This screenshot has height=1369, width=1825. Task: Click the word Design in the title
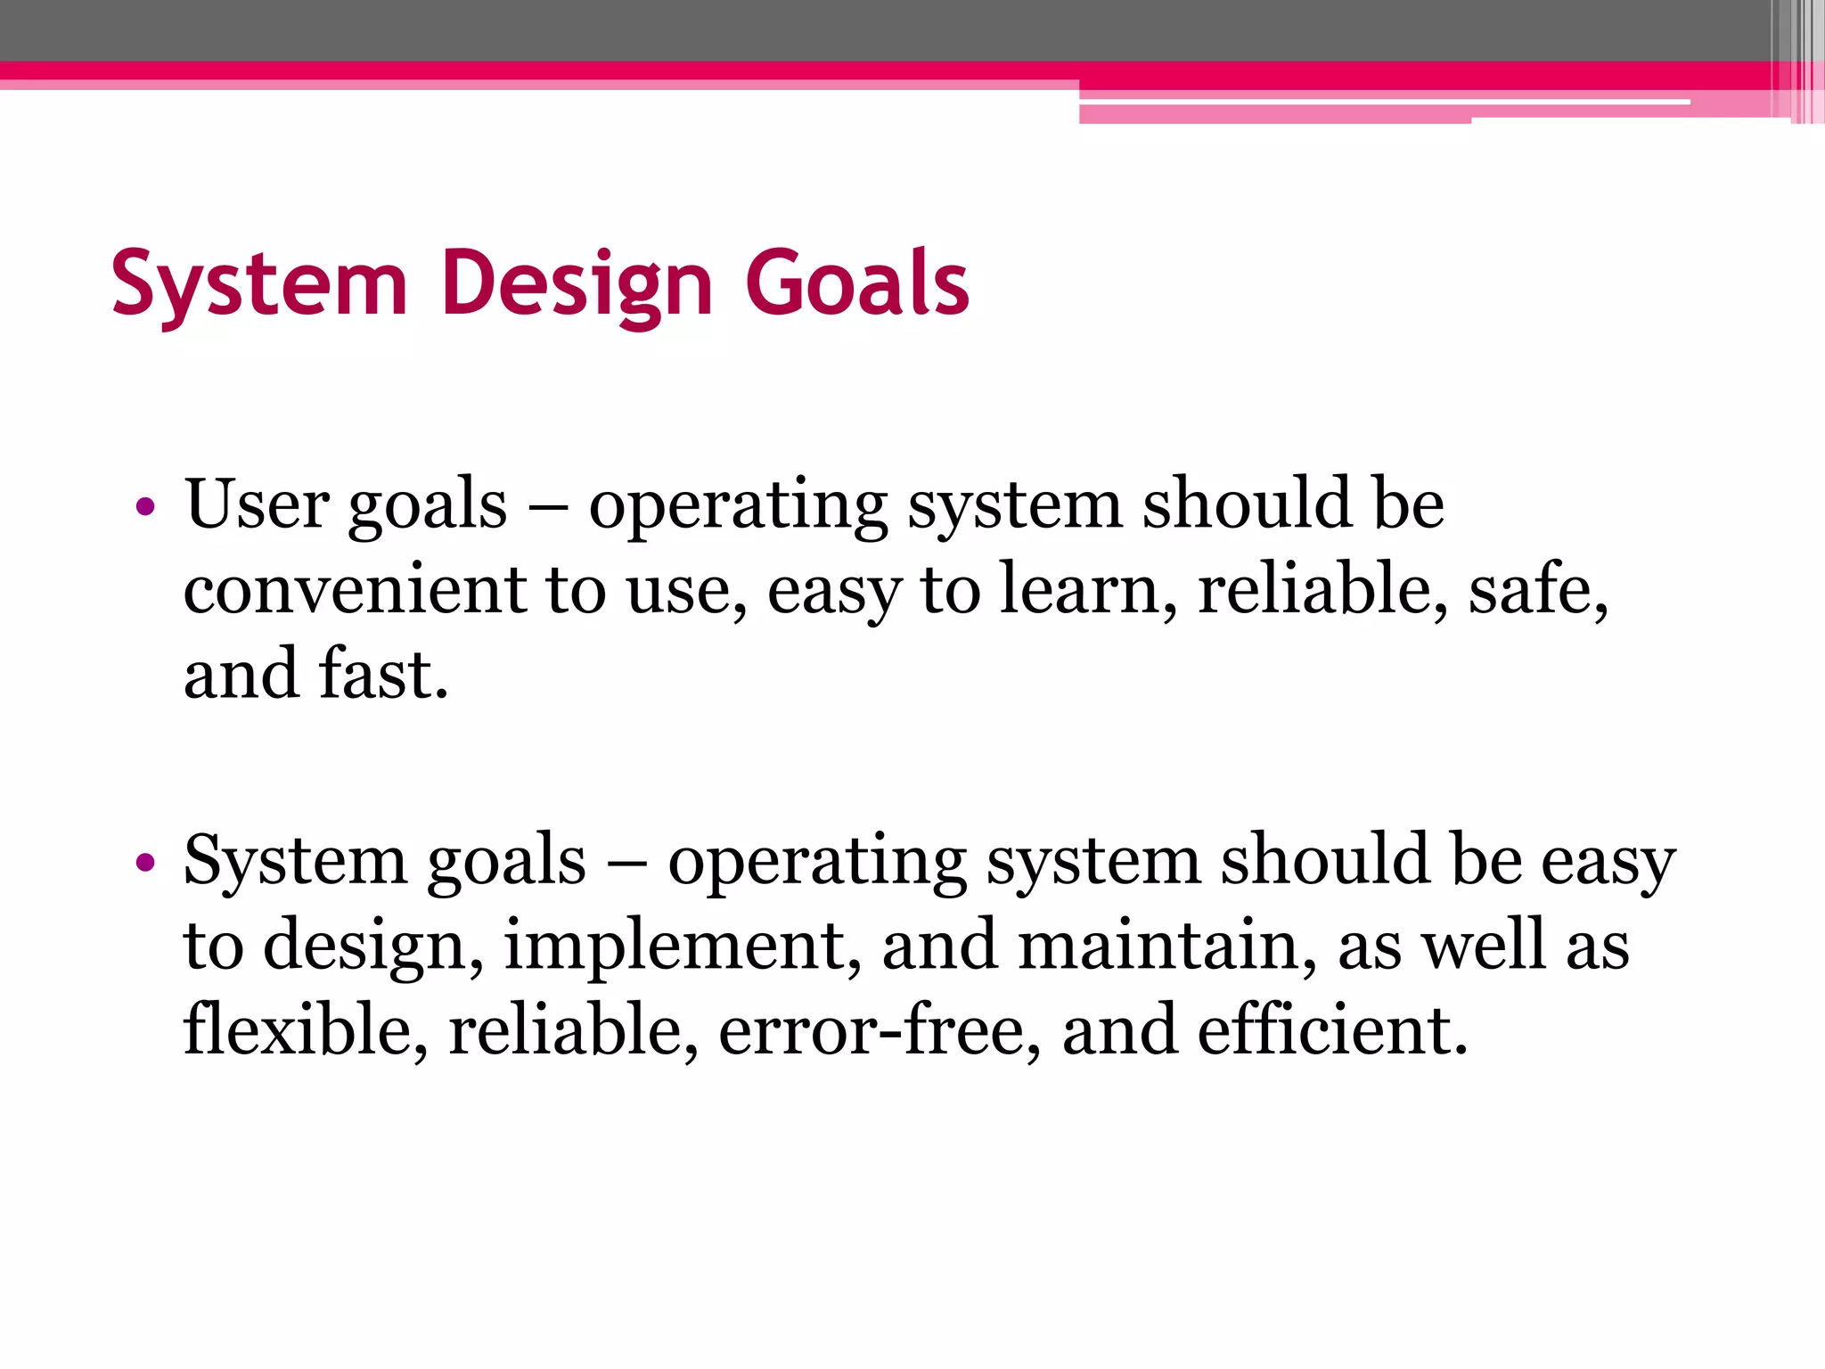577,283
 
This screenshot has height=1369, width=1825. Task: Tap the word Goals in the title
856,283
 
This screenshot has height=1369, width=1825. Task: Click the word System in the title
259,283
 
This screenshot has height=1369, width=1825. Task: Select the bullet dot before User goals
145,508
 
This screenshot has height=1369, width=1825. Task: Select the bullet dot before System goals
145,863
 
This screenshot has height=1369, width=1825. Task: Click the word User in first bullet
256,504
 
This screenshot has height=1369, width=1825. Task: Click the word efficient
1331,1029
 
